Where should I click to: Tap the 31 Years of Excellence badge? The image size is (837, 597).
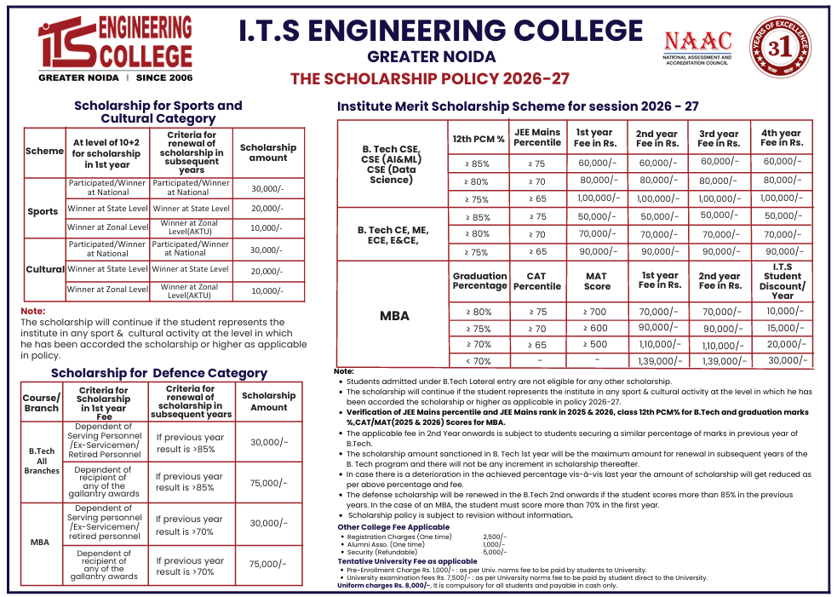click(x=781, y=49)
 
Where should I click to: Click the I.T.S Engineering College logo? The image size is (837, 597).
click(x=115, y=49)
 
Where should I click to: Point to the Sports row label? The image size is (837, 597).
click(x=43, y=211)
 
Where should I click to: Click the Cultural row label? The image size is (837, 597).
click(x=44, y=269)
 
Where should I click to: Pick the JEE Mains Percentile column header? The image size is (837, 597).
click(x=537, y=137)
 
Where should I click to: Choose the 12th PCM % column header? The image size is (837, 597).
click(x=477, y=138)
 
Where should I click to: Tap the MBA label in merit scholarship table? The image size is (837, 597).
click(x=393, y=316)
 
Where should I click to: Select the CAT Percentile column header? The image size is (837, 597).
click(x=537, y=281)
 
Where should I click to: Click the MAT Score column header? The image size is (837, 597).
click(x=596, y=281)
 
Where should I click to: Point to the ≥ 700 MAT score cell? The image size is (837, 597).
click(x=595, y=312)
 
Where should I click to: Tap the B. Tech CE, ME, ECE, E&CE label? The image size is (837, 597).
click(x=393, y=234)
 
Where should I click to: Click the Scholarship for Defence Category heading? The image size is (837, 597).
click(x=159, y=373)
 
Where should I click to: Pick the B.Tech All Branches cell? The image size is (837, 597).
click(x=42, y=461)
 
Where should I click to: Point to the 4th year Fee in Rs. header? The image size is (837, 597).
click(x=781, y=138)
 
